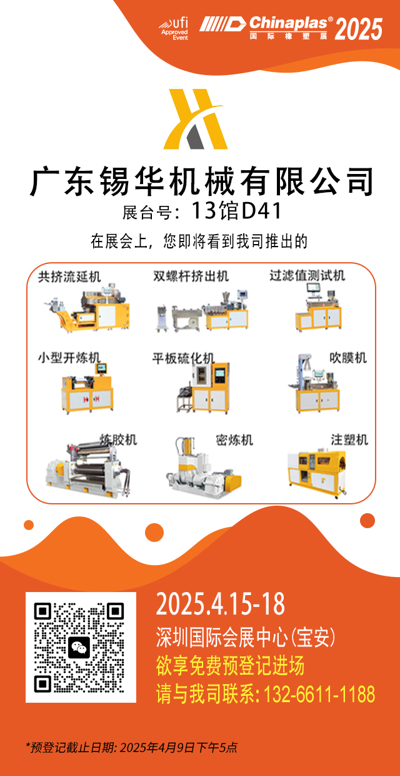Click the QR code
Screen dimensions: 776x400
[81, 647]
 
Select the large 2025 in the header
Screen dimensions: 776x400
[359, 28]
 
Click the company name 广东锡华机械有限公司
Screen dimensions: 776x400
[201, 181]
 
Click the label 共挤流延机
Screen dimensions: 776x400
[69, 276]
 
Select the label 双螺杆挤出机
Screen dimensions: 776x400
[191, 276]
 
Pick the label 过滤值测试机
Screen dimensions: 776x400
[307, 276]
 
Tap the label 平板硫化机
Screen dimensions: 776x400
[183, 359]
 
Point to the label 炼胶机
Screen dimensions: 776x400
[118, 440]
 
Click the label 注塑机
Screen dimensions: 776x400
[349, 440]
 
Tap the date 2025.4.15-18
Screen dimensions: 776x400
[220, 605]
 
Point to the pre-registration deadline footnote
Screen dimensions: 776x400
[131, 747]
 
